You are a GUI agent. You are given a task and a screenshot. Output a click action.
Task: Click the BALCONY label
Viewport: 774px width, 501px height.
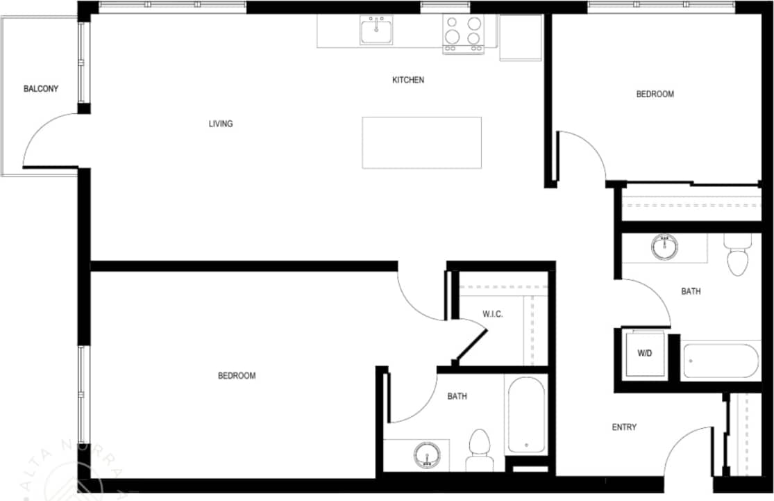[x=41, y=89]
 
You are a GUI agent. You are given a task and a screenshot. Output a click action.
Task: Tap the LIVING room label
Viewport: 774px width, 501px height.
[x=221, y=124]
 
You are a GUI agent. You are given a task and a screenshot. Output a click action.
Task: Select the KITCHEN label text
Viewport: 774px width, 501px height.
[x=408, y=80]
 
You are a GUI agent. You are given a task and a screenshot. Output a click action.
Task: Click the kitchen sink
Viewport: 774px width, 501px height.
[x=376, y=30]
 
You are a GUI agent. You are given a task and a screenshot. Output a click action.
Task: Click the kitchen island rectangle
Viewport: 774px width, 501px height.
[x=421, y=142]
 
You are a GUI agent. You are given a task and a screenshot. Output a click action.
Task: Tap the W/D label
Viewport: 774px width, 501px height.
[x=645, y=354]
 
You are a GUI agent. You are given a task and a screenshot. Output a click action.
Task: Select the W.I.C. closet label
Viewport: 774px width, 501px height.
[x=493, y=314]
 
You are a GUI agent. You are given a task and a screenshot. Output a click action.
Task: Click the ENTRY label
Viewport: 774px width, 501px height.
[x=624, y=427]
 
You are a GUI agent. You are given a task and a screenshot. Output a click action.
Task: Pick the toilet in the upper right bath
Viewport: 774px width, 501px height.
[x=737, y=255]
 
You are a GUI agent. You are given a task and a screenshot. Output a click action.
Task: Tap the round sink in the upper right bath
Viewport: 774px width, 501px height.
[x=664, y=247]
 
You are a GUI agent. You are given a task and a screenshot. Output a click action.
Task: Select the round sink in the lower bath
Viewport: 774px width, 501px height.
[x=426, y=456]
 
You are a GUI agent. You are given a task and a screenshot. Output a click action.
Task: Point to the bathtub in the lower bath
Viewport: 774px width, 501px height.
[x=526, y=415]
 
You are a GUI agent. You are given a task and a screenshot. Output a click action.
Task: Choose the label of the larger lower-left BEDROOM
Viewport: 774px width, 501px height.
[x=237, y=376]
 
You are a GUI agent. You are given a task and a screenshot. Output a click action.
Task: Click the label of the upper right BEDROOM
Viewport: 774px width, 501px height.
[x=655, y=95]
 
